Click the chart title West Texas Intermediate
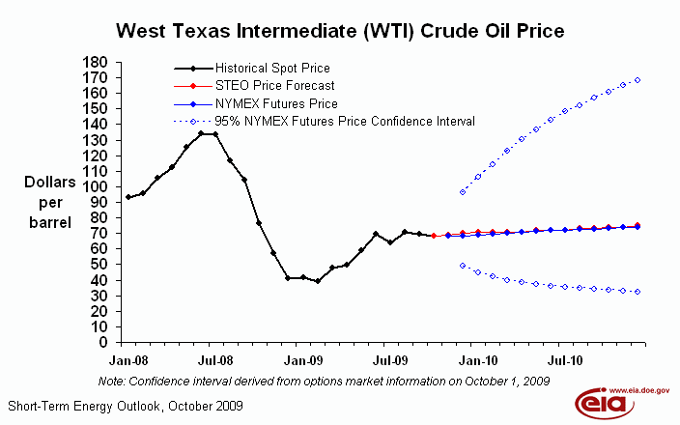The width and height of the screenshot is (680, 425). point(340,31)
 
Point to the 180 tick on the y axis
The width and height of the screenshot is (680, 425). point(94,62)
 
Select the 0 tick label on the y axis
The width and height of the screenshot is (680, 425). point(100,341)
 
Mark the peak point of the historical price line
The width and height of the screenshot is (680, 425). point(201,133)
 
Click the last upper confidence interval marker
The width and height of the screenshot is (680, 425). point(638,80)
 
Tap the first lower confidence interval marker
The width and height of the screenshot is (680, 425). point(463,265)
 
